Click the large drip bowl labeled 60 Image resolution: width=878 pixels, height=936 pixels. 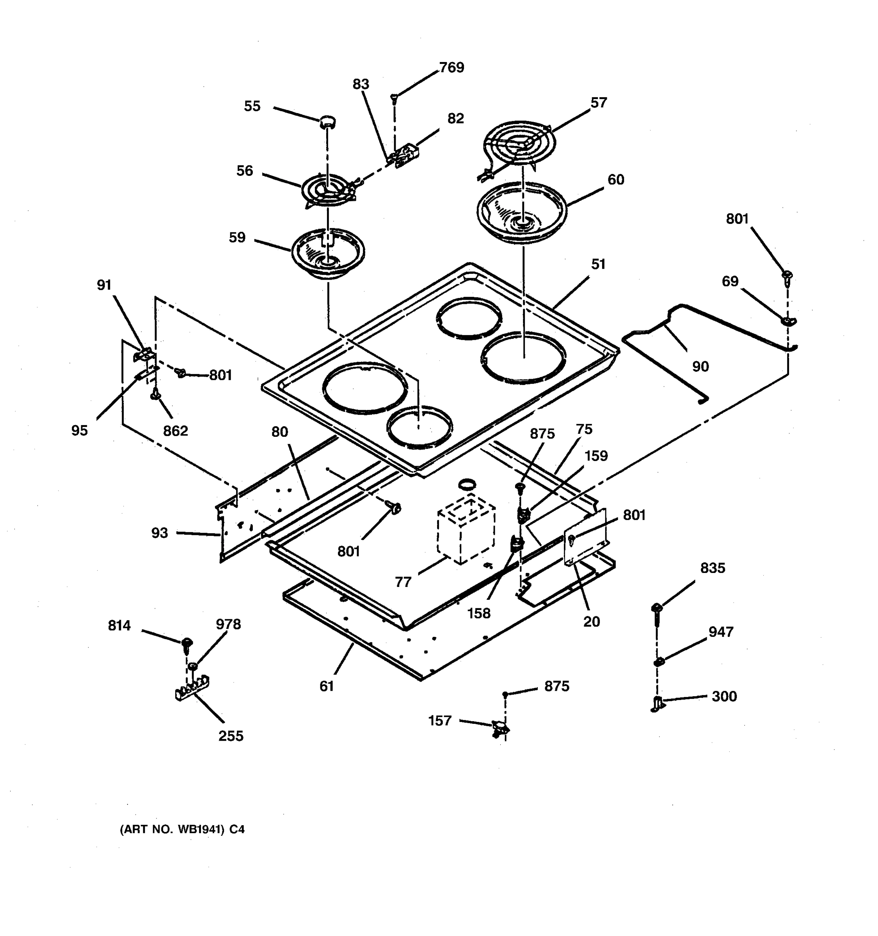pyautogui.click(x=521, y=213)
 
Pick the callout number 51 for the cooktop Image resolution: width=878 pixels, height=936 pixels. pyautogui.click(x=598, y=264)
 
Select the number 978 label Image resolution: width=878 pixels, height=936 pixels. pyautogui.click(x=228, y=624)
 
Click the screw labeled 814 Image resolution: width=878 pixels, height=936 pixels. pyautogui.click(x=187, y=643)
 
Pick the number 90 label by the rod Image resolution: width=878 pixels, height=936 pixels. pyautogui.click(x=700, y=366)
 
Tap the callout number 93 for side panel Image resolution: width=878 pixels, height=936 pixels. pyautogui.click(x=159, y=533)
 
